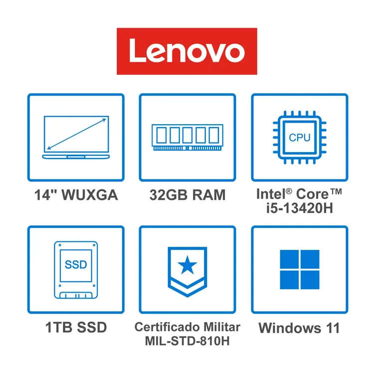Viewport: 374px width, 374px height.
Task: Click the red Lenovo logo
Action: (x=187, y=51)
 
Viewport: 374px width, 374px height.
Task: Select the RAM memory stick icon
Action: (x=187, y=138)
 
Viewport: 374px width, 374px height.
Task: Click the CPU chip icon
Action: (x=300, y=138)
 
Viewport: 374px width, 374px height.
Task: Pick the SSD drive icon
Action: (x=76, y=270)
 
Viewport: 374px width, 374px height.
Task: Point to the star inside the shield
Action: (x=187, y=264)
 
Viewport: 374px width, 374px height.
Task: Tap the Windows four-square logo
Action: (x=300, y=269)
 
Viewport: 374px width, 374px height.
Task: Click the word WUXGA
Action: (x=90, y=195)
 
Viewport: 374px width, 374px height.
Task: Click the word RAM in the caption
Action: (x=209, y=195)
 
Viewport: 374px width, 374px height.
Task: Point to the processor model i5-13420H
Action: (x=300, y=208)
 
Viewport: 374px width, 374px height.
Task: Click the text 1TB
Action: (x=59, y=327)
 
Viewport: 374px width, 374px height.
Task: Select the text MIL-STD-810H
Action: (x=187, y=341)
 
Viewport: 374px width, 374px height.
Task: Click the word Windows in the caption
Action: (x=290, y=328)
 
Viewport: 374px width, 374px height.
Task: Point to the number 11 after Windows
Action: (x=333, y=328)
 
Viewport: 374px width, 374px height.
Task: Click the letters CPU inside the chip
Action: (x=300, y=138)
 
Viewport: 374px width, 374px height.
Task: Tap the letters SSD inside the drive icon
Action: (x=76, y=264)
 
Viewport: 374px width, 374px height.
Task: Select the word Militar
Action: (x=222, y=327)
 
